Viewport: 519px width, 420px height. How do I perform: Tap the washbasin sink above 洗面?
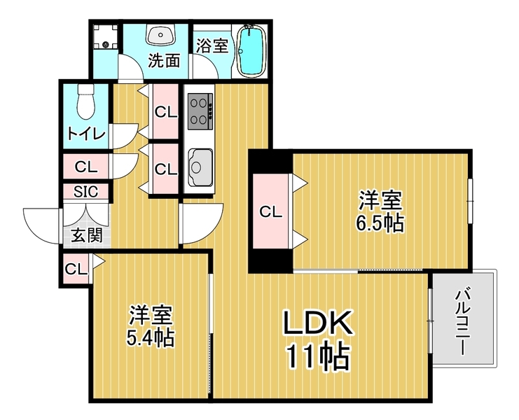(161, 35)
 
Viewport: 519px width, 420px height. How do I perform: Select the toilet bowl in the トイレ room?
(86, 101)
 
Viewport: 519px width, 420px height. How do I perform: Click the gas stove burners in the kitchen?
(200, 111)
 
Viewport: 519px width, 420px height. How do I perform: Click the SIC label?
(86, 192)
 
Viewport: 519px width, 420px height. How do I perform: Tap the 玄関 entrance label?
(87, 235)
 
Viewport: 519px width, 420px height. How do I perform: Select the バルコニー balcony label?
(464, 321)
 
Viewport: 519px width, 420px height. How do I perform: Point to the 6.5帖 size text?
(380, 224)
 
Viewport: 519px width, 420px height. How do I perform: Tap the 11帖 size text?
(318, 357)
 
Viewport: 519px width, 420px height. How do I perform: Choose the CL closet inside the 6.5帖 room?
(271, 211)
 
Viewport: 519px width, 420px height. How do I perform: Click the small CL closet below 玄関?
(76, 269)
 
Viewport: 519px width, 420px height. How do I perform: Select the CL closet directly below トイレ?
(86, 167)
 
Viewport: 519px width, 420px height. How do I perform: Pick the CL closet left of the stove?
(166, 112)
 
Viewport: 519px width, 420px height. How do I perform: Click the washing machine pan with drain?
(105, 36)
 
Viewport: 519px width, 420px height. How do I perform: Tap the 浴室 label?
(212, 46)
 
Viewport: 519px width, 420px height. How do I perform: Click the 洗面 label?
(164, 61)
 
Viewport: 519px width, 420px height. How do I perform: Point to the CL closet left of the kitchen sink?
(166, 169)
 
